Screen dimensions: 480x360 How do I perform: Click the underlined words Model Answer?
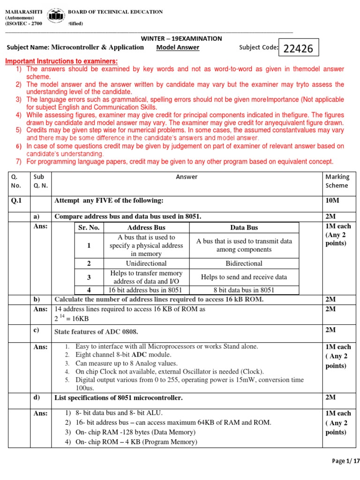[x=178, y=47]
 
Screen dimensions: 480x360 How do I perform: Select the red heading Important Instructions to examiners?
[x=61, y=61]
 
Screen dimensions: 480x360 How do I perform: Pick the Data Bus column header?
[x=244, y=227]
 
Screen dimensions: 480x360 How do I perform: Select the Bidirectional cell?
[x=244, y=263]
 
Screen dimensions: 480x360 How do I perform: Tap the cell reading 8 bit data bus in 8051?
[x=244, y=290]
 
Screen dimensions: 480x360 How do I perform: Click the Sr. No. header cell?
[x=89, y=227]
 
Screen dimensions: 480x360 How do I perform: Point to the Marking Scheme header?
[x=337, y=181]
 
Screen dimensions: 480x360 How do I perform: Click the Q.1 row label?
[x=17, y=201]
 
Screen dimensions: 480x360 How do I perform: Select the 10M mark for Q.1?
[x=332, y=201]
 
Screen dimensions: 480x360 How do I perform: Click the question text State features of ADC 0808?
[x=97, y=332]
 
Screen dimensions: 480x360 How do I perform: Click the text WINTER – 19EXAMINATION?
[x=181, y=38]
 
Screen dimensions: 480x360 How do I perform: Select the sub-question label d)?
[x=37, y=397]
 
